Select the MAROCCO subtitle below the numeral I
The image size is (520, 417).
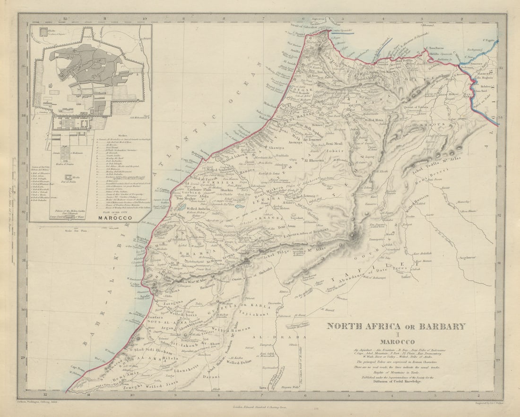click(x=396, y=341)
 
